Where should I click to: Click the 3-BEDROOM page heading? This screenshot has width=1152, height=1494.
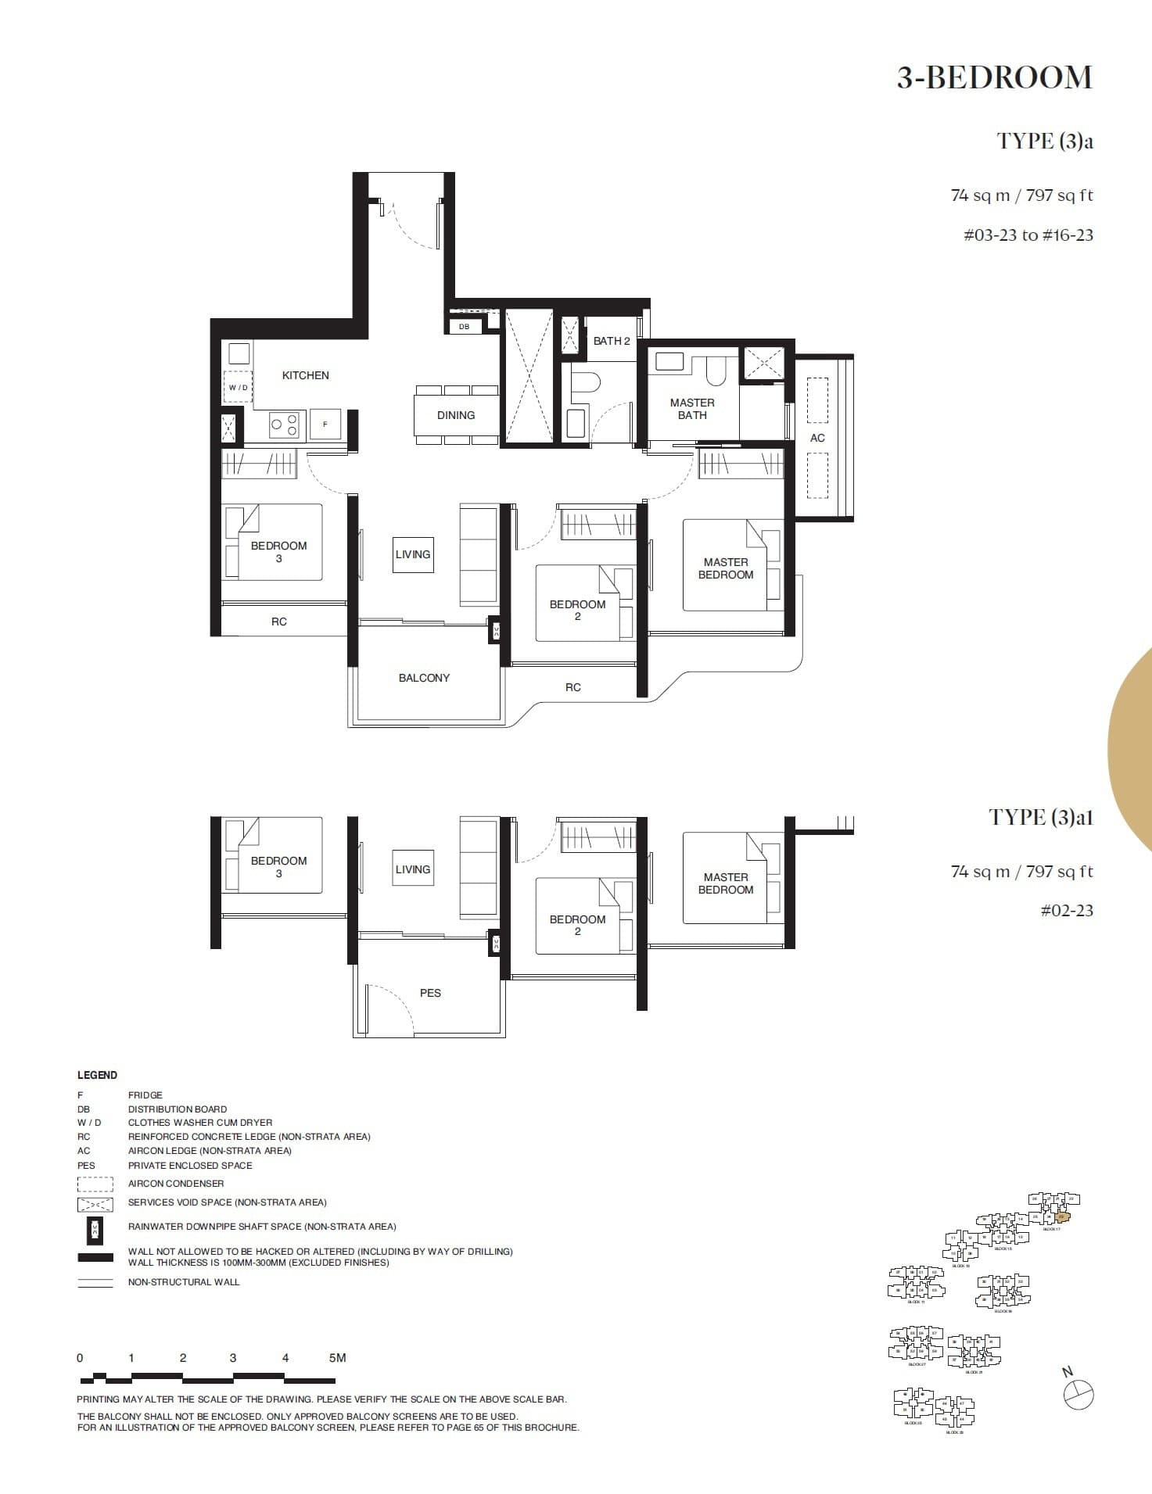point(994,78)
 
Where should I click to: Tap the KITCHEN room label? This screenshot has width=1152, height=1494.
point(305,375)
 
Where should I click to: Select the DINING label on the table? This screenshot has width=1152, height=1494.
point(456,415)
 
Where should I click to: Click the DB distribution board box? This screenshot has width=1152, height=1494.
point(464,326)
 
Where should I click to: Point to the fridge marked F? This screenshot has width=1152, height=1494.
point(325,424)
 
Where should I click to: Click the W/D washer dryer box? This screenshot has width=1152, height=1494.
point(239,387)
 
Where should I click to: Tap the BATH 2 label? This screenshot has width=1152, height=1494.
point(611,341)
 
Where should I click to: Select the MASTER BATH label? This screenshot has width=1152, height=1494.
point(692,409)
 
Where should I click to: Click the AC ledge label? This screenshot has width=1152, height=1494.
point(817,438)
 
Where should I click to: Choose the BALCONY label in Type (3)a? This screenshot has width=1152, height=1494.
point(424,678)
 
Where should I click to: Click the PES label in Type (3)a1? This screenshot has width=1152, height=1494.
point(430,993)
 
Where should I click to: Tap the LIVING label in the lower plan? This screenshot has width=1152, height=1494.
point(412,869)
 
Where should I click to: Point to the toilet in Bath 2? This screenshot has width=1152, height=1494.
point(585,382)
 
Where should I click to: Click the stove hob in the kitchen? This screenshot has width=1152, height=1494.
point(284,425)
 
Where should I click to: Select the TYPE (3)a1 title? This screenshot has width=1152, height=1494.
point(1040,818)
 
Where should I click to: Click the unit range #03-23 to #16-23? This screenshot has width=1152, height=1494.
point(1028,235)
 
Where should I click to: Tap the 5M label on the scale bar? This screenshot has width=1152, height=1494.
point(337,1358)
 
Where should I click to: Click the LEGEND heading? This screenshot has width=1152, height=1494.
point(97,1075)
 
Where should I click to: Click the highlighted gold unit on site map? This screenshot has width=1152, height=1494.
point(1060,1216)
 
